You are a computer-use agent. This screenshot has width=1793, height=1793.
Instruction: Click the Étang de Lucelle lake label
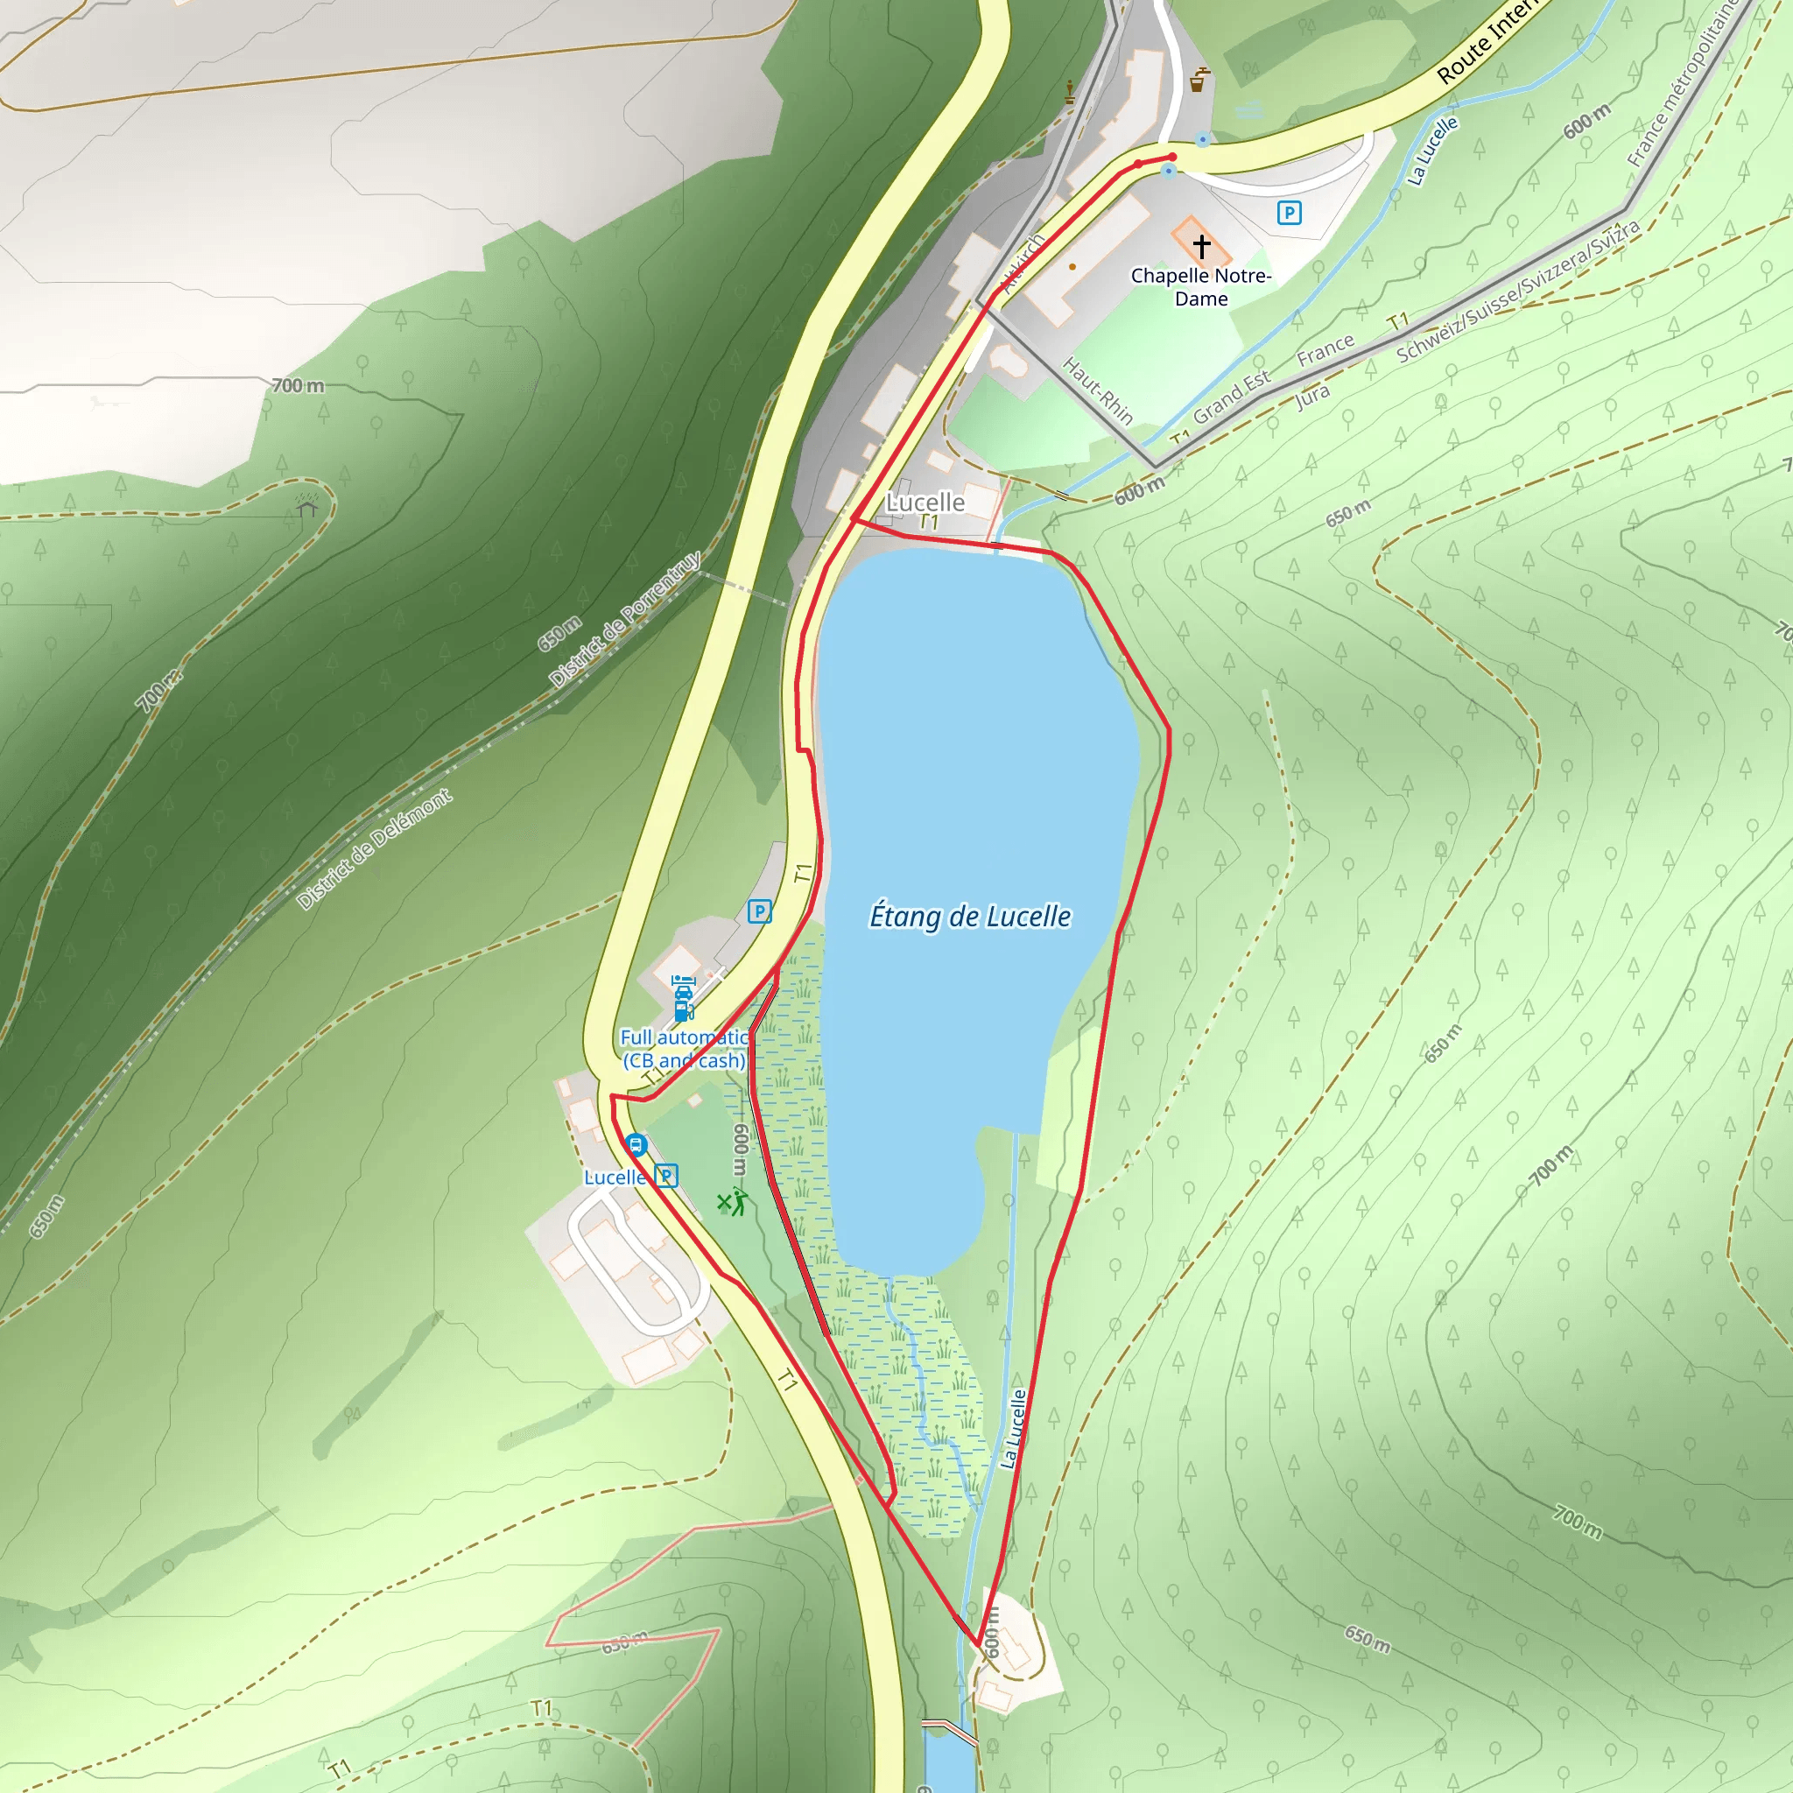click(970, 916)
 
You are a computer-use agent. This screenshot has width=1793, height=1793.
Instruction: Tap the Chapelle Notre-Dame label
click(1201, 287)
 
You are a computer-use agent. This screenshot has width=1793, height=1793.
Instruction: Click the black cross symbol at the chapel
click(1202, 246)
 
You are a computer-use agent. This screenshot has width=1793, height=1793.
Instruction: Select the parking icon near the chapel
click(1289, 214)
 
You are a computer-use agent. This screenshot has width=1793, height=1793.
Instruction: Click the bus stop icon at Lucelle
click(636, 1144)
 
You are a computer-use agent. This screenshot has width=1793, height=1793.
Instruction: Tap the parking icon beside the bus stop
click(666, 1177)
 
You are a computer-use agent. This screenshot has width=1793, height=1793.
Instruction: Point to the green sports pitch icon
click(732, 1203)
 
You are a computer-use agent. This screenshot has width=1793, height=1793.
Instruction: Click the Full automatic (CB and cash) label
click(684, 1049)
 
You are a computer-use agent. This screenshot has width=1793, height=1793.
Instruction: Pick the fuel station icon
click(683, 999)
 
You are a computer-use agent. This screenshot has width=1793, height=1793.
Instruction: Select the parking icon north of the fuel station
click(759, 911)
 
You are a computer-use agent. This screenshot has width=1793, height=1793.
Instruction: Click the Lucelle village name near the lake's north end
click(925, 502)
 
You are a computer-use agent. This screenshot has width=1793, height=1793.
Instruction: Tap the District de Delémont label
click(374, 849)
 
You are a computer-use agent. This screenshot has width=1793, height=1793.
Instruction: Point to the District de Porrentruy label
click(624, 619)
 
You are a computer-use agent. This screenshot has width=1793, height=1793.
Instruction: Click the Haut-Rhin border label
click(1098, 390)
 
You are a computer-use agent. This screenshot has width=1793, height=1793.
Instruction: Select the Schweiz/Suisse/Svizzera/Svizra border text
click(1517, 292)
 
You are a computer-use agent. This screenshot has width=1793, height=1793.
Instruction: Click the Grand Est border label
click(1232, 397)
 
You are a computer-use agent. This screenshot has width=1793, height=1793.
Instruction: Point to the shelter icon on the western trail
click(307, 506)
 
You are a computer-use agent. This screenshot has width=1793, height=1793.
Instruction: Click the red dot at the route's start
click(1173, 157)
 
